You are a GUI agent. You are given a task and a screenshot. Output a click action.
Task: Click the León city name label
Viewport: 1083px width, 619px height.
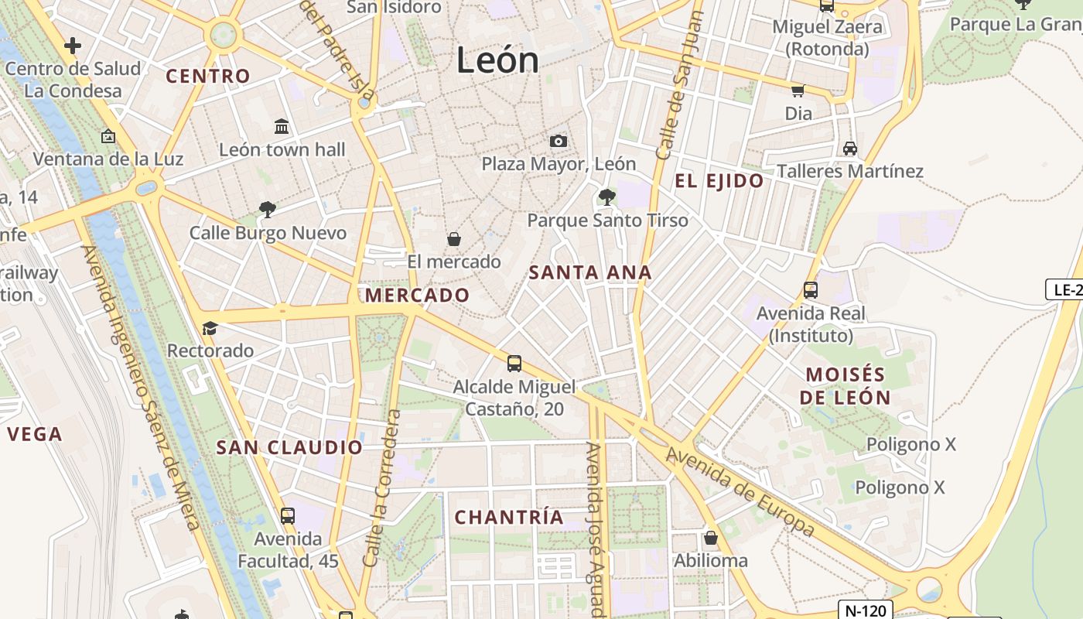pyautogui.click(x=497, y=60)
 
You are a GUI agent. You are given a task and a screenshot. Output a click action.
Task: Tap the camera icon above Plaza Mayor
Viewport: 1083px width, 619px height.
pyautogui.click(x=559, y=141)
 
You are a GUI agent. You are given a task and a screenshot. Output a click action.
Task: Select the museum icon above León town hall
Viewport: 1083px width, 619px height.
pyautogui.click(x=282, y=126)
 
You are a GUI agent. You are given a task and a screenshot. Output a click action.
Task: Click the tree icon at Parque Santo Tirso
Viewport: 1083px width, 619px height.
pyautogui.click(x=607, y=197)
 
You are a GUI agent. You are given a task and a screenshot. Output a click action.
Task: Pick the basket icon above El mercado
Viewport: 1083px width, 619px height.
pyautogui.click(x=454, y=239)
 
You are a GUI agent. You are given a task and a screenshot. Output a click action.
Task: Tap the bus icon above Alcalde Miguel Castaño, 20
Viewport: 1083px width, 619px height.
pyautogui.click(x=514, y=363)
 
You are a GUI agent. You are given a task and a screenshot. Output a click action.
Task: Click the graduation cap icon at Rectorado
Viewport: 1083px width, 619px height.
pyautogui.click(x=210, y=328)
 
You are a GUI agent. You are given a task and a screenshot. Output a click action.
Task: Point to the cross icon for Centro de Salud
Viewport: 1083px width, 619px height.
pyautogui.click(x=73, y=46)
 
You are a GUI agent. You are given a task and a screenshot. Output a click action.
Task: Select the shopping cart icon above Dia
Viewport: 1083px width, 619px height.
pyautogui.click(x=798, y=91)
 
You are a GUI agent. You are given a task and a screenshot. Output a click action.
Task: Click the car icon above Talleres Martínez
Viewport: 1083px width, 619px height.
pyautogui.click(x=849, y=148)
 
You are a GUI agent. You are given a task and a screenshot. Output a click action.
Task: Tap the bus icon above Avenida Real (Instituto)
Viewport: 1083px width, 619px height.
pyautogui.click(x=811, y=290)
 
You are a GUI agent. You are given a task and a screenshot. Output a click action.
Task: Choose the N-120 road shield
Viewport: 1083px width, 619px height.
pyautogui.click(x=866, y=610)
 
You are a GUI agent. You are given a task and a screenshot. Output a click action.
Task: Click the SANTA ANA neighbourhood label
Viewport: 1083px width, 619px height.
pyautogui.click(x=590, y=272)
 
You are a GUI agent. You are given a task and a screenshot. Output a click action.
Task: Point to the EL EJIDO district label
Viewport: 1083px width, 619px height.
pyautogui.click(x=719, y=181)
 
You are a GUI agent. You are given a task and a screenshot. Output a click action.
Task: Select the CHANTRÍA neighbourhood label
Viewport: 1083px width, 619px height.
pyautogui.click(x=508, y=517)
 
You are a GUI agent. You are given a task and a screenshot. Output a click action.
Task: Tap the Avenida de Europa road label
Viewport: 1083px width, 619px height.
pyautogui.click(x=740, y=491)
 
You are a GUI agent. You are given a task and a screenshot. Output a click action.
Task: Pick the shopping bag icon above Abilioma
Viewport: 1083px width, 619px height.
pyautogui.click(x=711, y=537)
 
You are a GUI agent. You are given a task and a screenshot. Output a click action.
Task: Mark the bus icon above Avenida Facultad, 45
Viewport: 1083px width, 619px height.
pyautogui.click(x=288, y=515)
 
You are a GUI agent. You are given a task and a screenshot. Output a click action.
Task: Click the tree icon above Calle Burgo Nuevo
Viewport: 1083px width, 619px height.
pyautogui.click(x=268, y=209)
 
